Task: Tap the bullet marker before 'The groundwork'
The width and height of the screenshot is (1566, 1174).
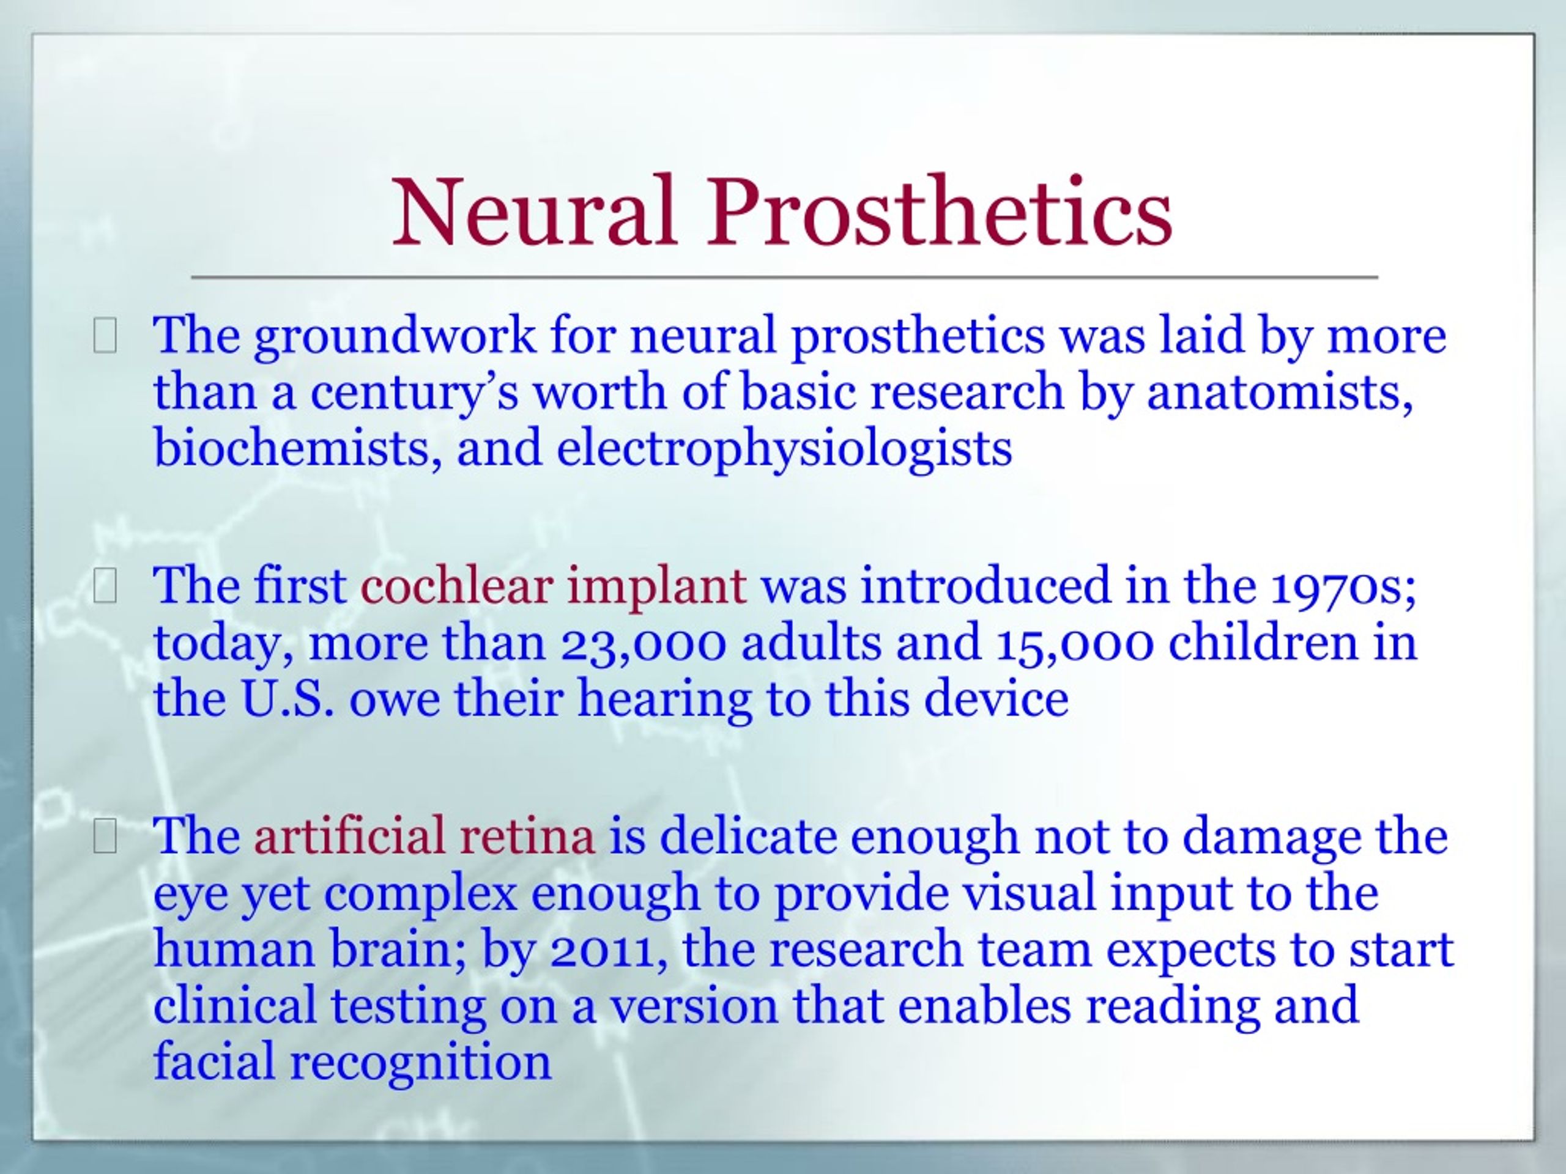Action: point(105,336)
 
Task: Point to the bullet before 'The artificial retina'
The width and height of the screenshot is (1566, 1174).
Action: point(105,837)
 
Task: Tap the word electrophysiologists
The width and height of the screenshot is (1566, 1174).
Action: point(784,450)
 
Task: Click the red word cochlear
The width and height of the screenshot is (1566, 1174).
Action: point(456,586)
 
